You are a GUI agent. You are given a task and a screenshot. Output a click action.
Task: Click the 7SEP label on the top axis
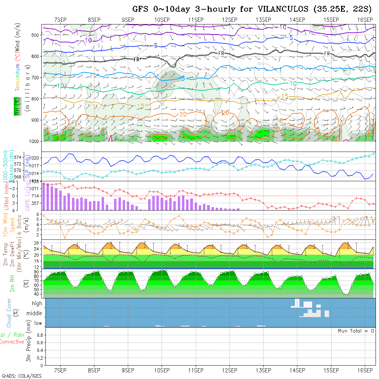coord(60,19)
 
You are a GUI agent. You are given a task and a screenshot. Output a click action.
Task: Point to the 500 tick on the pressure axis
coord(35,35)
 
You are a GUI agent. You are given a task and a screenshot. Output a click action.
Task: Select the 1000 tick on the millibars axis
coord(33,141)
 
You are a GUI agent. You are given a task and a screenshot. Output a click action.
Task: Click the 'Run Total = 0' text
coord(356,331)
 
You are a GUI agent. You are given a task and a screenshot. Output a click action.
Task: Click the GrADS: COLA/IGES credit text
coord(21,376)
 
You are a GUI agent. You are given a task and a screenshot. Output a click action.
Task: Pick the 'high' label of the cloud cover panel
coord(37,304)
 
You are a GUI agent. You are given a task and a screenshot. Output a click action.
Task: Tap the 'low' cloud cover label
coord(38,323)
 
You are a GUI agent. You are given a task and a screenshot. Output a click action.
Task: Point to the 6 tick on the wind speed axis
coord(39,214)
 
